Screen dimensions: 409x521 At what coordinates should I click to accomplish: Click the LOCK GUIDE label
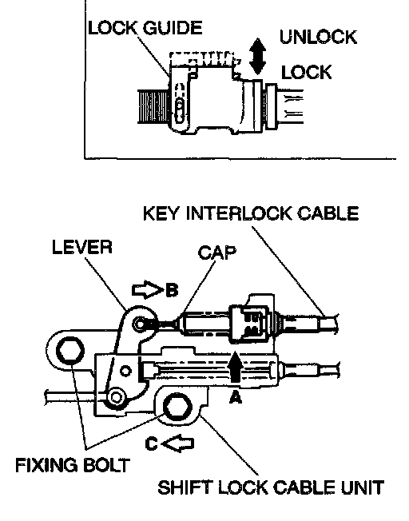[x=145, y=28]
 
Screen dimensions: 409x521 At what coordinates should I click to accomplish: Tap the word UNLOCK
[x=318, y=37]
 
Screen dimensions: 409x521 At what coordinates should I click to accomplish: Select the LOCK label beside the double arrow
[x=306, y=72]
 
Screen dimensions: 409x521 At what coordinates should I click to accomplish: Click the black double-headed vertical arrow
[x=257, y=56]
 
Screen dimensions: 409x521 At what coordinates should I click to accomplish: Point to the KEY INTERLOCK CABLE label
[x=251, y=213]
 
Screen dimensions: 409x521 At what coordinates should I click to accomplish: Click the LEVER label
[x=82, y=247]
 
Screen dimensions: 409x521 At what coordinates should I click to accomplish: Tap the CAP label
[x=217, y=253]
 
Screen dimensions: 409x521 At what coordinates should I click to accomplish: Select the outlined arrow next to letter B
[x=146, y=290]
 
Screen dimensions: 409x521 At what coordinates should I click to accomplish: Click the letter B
[x=172, y=290]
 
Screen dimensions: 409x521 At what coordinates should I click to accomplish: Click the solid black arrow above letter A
[x=236, y=367]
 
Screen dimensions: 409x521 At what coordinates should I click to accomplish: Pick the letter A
[x=236, y=396]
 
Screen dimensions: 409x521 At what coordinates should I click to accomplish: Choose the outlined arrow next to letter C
[x=177, y=443]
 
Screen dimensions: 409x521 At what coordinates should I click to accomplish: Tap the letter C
[x=152, y=443]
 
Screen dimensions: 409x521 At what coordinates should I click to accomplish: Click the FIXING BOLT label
[x=73, y=465]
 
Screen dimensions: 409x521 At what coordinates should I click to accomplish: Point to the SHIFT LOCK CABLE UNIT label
[x=271, y=487]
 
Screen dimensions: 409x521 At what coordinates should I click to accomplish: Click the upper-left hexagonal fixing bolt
[x=69, y=351]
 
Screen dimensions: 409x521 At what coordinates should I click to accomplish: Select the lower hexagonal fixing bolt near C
[x=178, y=408]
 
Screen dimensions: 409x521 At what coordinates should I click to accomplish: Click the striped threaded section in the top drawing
[x=153, y=106]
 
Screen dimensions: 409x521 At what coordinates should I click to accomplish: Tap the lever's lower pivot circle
[x=116, y=397]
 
